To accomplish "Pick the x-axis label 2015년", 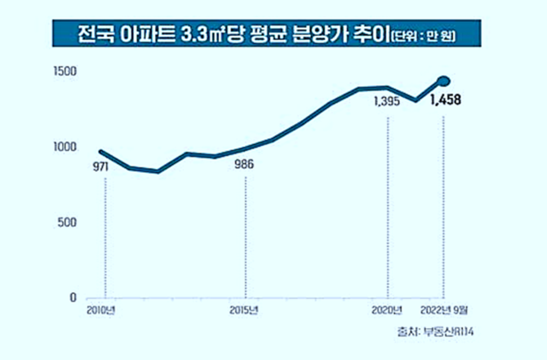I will pos(244,311).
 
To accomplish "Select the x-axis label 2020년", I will pos(388,311).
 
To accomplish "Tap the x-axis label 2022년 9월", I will pos(444,311).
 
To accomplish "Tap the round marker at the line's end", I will pos(444,81).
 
